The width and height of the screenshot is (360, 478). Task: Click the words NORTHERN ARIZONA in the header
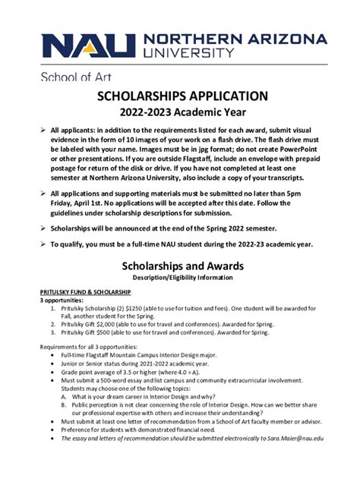pyautogui.click(x=235, y=39)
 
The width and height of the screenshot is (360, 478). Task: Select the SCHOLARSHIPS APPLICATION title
pyautogui.click(x=182, y=96)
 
